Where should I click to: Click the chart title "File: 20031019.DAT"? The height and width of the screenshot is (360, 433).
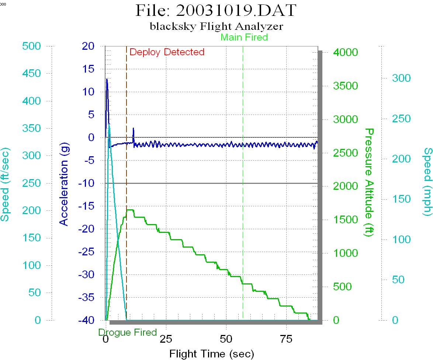pyautogui.click(x=216, y=11)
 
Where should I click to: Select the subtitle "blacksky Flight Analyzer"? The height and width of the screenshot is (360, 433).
pyautogui.click(x=216, y=27)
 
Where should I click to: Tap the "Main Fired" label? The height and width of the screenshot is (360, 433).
pyautogui.click(x=244, y=37)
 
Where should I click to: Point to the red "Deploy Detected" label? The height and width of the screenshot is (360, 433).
pyautogui.click(x=167, y=52)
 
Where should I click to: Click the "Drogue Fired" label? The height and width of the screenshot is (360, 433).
pyautogui.click(x=128, y=332)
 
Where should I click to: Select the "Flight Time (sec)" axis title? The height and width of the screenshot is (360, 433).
pyautogui.click(x=212, y=354)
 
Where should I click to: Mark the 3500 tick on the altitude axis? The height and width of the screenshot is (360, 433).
pyautogui.click(x=346, y=86)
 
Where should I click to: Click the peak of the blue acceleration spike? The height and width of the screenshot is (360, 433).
pyautogui.click(x=107, y=79)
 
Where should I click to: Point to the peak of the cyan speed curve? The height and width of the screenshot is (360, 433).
pyautogui.click(x=109, y=124)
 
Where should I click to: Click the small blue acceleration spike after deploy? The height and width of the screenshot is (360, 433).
pyautogui.click(x=134, y=128)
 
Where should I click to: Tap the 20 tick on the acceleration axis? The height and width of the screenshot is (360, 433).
pyautogui.click(x=89, y=46)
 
